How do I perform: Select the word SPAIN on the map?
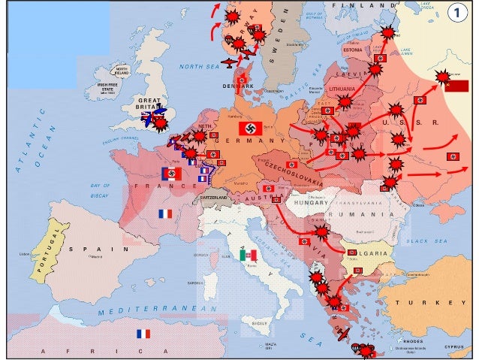[x=83, y=249]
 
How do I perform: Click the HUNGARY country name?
[x=311, y=204]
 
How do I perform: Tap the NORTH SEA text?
[x=198, y=66]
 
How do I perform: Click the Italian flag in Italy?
[x=248, y=256]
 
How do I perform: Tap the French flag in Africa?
[x=143, y=334]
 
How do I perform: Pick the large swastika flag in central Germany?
[x=250, y=129]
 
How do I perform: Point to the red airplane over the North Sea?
[x=229, y=60]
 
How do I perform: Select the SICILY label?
[x=259, y=323]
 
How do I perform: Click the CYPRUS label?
[x=454, y=347]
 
